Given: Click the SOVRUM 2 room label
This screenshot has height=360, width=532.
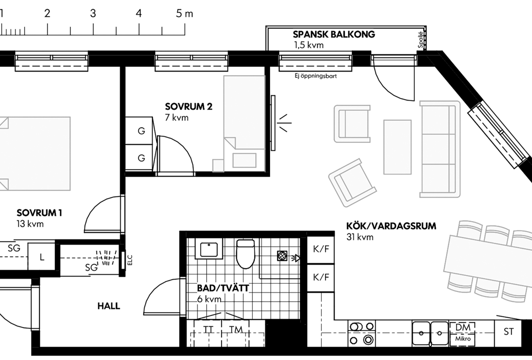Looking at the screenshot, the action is [188, 106].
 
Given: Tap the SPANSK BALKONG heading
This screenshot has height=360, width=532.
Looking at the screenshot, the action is [334, 35].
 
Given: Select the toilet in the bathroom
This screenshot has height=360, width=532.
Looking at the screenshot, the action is [246, 254].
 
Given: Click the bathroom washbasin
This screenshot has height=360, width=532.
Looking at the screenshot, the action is [209, 249].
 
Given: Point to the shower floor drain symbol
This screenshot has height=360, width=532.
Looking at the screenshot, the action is [282, 256].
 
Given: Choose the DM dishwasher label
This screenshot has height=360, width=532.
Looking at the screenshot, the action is [463, 328].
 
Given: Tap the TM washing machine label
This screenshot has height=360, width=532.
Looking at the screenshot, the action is [236, 329].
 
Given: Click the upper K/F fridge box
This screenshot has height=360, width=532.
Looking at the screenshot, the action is [321, 250].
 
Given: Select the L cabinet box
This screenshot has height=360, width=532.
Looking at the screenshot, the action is [42, 257].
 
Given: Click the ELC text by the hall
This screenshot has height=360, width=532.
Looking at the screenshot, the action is [130, 260].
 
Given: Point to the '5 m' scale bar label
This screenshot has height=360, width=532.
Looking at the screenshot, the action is [184, 14].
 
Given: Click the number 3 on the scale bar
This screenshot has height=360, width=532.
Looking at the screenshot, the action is [93, 14].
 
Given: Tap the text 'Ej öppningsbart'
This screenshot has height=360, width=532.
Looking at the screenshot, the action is [316, 76].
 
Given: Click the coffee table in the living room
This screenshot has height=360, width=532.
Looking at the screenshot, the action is [397, 147].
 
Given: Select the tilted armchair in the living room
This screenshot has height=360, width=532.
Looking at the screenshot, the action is [352, 183].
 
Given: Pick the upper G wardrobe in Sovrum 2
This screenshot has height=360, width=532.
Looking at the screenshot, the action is [139, 131].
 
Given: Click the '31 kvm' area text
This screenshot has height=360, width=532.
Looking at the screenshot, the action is [360, 237].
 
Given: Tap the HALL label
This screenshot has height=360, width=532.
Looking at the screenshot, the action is [109, 306].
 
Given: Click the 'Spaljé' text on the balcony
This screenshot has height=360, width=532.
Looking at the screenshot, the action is [420, 40].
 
